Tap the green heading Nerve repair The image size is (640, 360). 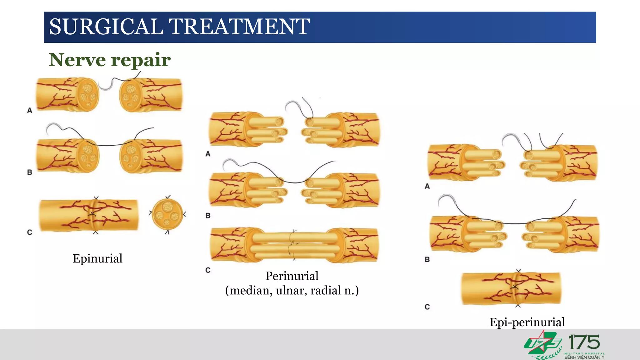[x=110, y=60]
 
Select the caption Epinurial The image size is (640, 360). [x=97, y=258]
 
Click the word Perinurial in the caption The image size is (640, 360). [x=292, y=276]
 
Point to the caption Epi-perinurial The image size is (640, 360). [x=527, y=322]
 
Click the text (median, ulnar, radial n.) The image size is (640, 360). [x=292, y=291]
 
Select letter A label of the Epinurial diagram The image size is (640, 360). [x=30, y=110]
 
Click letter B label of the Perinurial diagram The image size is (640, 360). [x=208, y=216]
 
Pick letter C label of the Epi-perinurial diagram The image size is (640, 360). [x=427, y=307]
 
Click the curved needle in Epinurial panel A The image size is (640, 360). [x=106, y=86]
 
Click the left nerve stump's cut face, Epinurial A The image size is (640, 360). [x=88, y=94]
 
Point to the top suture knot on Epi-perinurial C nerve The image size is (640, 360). [x=518, y=271]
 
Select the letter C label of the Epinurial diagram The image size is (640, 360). [x=30, y=232]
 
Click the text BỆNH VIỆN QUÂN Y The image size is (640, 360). [x=584, y=357]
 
